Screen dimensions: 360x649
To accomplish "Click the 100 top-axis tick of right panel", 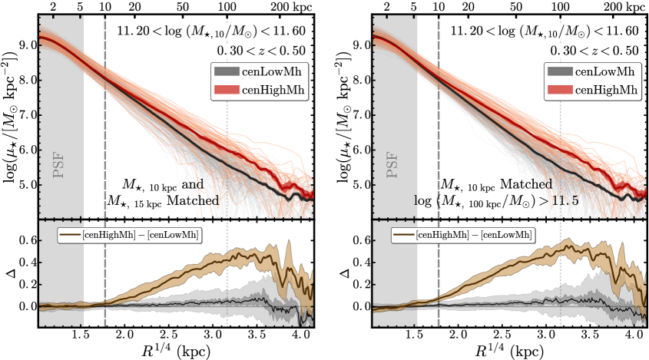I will click(561, 6).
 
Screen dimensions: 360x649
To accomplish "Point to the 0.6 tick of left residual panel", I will click(26, 239).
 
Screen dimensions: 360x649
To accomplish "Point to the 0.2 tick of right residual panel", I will click(359, 284).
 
